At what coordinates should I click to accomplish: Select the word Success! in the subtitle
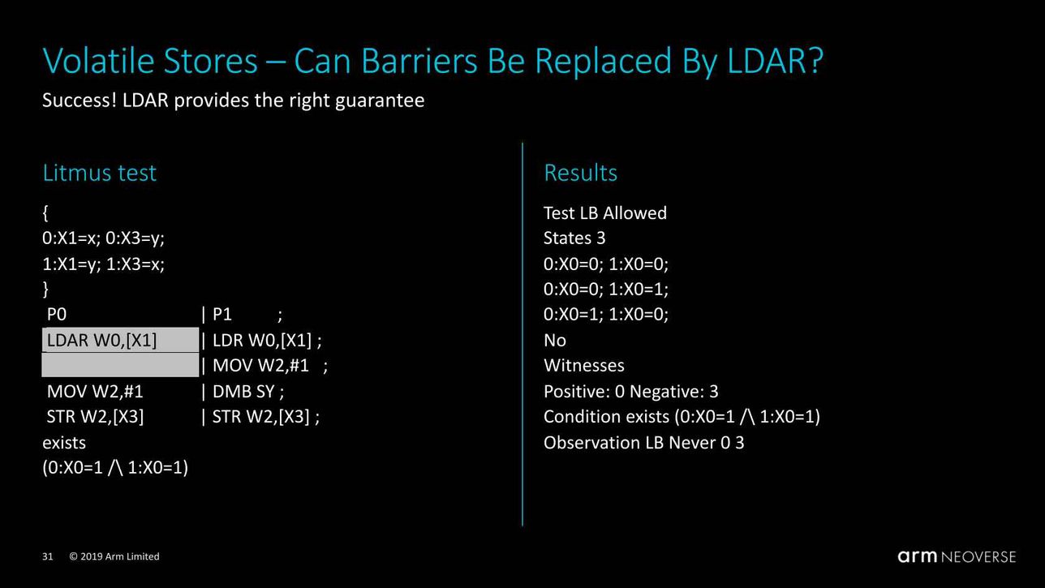(x=80, y=101)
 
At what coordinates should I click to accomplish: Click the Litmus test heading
(x=99, y=173)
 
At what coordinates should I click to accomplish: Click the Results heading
(x=580, y=173)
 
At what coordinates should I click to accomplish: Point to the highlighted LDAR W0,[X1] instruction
(x=101, y=340)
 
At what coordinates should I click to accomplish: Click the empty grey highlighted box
(x=120, y=365)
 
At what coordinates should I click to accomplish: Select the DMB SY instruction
(x=244, y=391)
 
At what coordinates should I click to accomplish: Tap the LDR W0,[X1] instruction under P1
(x=262, y=340)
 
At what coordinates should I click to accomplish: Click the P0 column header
(x=57, y=315)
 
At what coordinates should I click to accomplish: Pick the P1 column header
(x=222, y=315)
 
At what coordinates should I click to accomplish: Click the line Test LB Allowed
(x=605, y=213)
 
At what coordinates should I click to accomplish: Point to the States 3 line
(x=574, y=238)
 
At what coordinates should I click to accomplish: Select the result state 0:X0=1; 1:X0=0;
(x=606, y=315)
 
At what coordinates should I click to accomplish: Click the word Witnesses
(x=584, y=366)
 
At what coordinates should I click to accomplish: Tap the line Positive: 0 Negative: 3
(x=631, y=391)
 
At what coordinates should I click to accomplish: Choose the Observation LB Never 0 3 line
(x=644, y=443)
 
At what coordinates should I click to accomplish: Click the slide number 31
(x=48, y=556)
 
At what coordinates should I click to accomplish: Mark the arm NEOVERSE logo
(x=957, y=556)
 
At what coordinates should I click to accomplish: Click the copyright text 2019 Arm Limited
(x=120, y=556)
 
